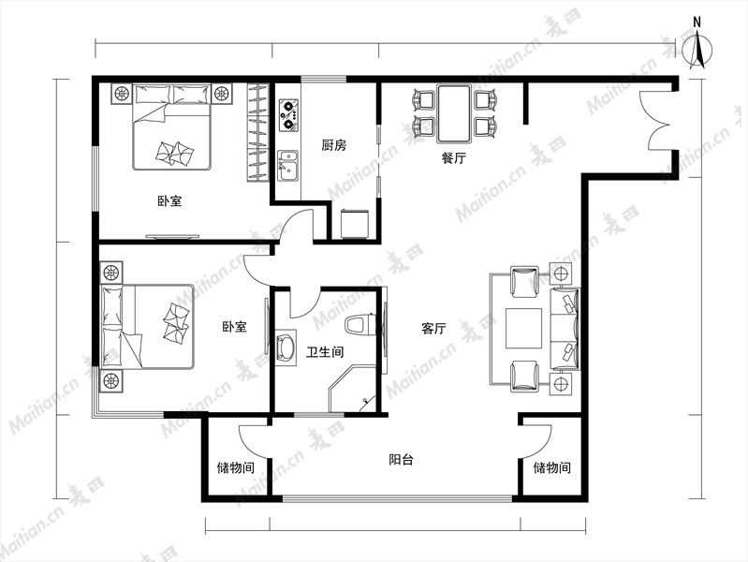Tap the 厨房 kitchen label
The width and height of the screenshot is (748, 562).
(334, 145)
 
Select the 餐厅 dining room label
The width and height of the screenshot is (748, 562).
(453, 158)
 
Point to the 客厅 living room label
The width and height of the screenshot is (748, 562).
(433, 329)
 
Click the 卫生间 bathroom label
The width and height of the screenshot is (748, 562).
(325, 352)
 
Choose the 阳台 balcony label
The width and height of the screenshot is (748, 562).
(401, 460)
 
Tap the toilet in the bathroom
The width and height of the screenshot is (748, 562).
(360, 325)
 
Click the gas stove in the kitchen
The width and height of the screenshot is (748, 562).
(288, 115)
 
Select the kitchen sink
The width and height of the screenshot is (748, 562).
(288, 166)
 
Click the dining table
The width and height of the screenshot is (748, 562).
(454, 113)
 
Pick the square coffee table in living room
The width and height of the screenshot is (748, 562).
(524, 329)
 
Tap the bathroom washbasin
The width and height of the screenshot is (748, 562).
(286, 348)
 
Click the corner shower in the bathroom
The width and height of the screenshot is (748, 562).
(354, 389)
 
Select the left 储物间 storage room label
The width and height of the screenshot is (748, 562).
(236, 468)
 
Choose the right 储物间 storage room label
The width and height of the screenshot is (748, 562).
(552, 467)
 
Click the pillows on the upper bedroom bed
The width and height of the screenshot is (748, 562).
(172, 94)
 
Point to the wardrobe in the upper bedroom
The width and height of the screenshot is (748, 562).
(258, 132)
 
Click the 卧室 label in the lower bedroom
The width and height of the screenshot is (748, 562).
(235, 327)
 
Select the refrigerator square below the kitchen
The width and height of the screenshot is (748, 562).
(355, 224)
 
